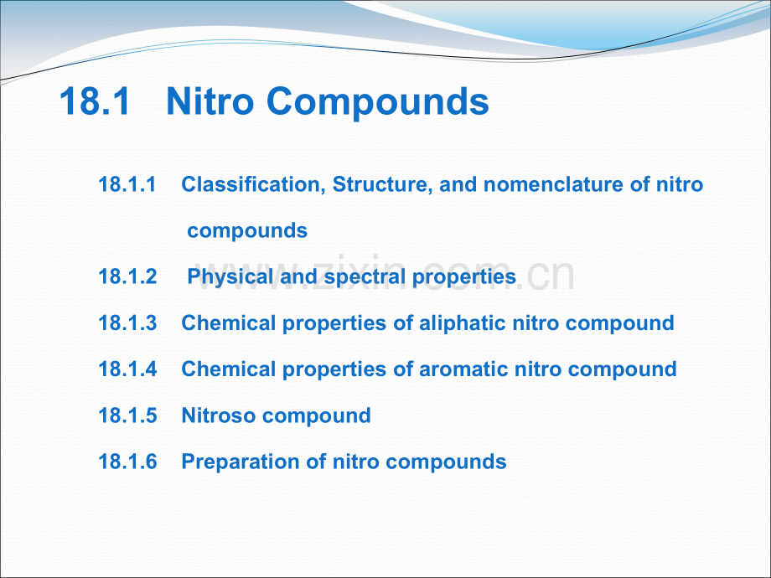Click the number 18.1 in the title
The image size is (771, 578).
coord(95,101)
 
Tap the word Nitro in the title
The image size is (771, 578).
coord(210,101)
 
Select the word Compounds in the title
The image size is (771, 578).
coord(378,102)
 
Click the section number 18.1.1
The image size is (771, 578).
coord(127,184)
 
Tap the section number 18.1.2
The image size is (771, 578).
coord(128,276)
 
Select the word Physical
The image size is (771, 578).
coord(230,277)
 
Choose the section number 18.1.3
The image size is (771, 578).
coord(128,323)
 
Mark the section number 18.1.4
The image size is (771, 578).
coord(128,369)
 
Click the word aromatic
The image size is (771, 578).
coord(463,369)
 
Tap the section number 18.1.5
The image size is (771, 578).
coord(128,415)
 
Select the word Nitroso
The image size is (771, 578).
coord(219,415)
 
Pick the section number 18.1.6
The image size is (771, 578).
coord(128,462)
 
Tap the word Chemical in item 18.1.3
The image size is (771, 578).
coord(229,323)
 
